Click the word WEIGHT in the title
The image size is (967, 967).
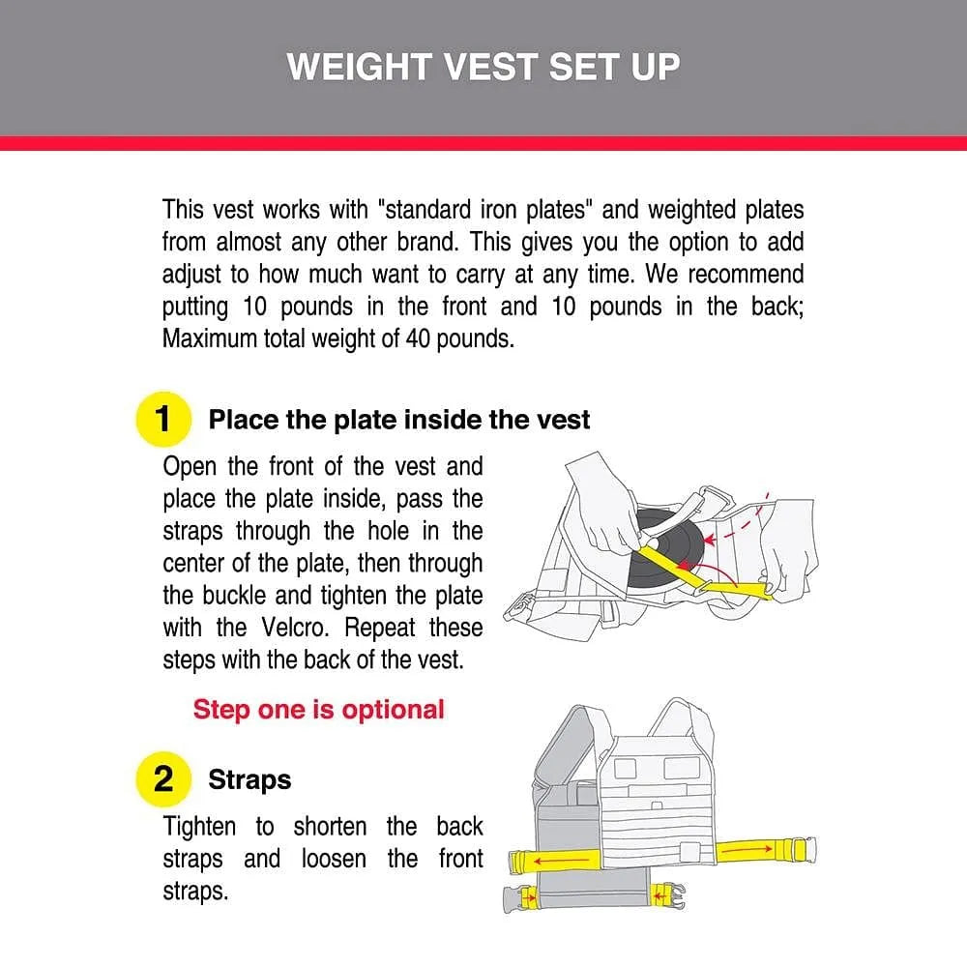click(x=357, y=67)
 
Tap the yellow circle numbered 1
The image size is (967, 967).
click(x=162, y=419)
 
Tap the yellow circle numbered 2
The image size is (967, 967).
click(x=162, y=778)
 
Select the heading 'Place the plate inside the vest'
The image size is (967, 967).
click(x=399, y=420)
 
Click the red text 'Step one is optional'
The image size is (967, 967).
click(x=318, y=709)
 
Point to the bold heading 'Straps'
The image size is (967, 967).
click(x=249, y=779)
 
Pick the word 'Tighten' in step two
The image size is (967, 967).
click(x=198, y=827)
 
